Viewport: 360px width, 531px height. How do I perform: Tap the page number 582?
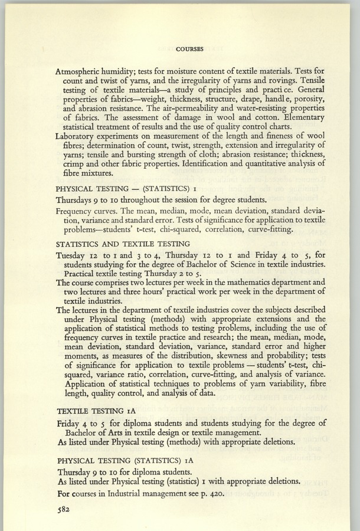tap(66, 513)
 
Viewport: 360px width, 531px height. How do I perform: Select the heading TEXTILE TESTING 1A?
tap(98, 411)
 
